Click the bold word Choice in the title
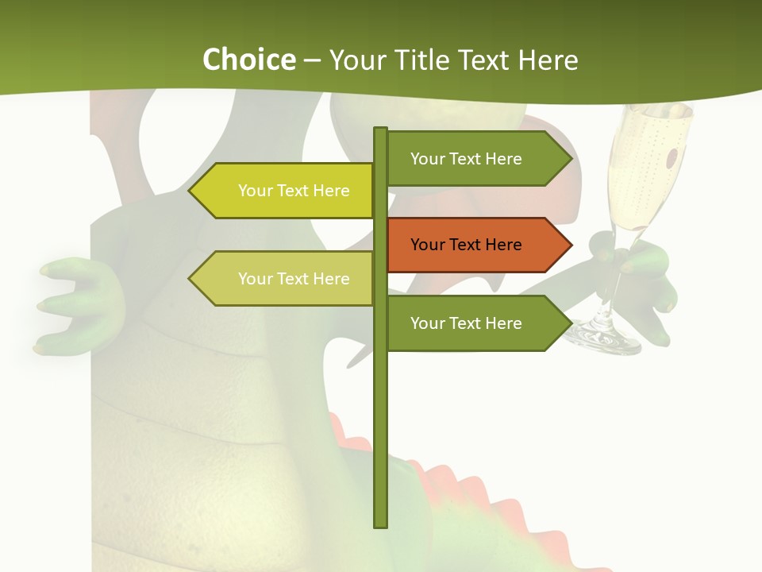point(248,60)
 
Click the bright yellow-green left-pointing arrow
point(286,191)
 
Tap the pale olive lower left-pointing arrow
point(286,279)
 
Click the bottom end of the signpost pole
point(381,524)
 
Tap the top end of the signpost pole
point(381,130)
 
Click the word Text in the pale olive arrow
point(293,279)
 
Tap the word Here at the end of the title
point(548,60)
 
